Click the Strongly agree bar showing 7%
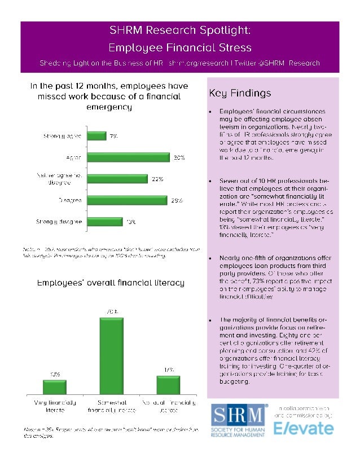(97, 136)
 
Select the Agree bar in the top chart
(129, 157)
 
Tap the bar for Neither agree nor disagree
(117, 179)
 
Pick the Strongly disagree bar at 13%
(106, 222)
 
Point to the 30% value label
(179, 157)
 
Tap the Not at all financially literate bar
(168, 385)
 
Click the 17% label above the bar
(169, 370)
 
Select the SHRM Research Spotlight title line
(179, 30)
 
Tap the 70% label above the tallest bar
(111, 311)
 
